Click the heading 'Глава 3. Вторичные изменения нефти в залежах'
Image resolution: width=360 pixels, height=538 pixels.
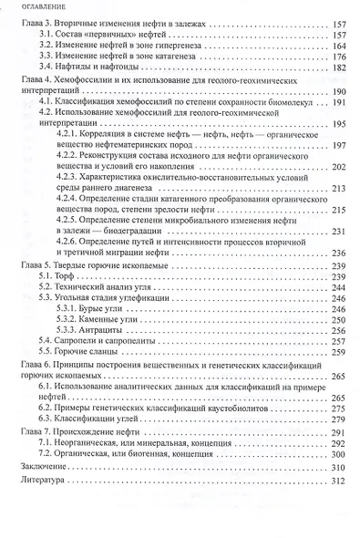coord(118,30)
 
